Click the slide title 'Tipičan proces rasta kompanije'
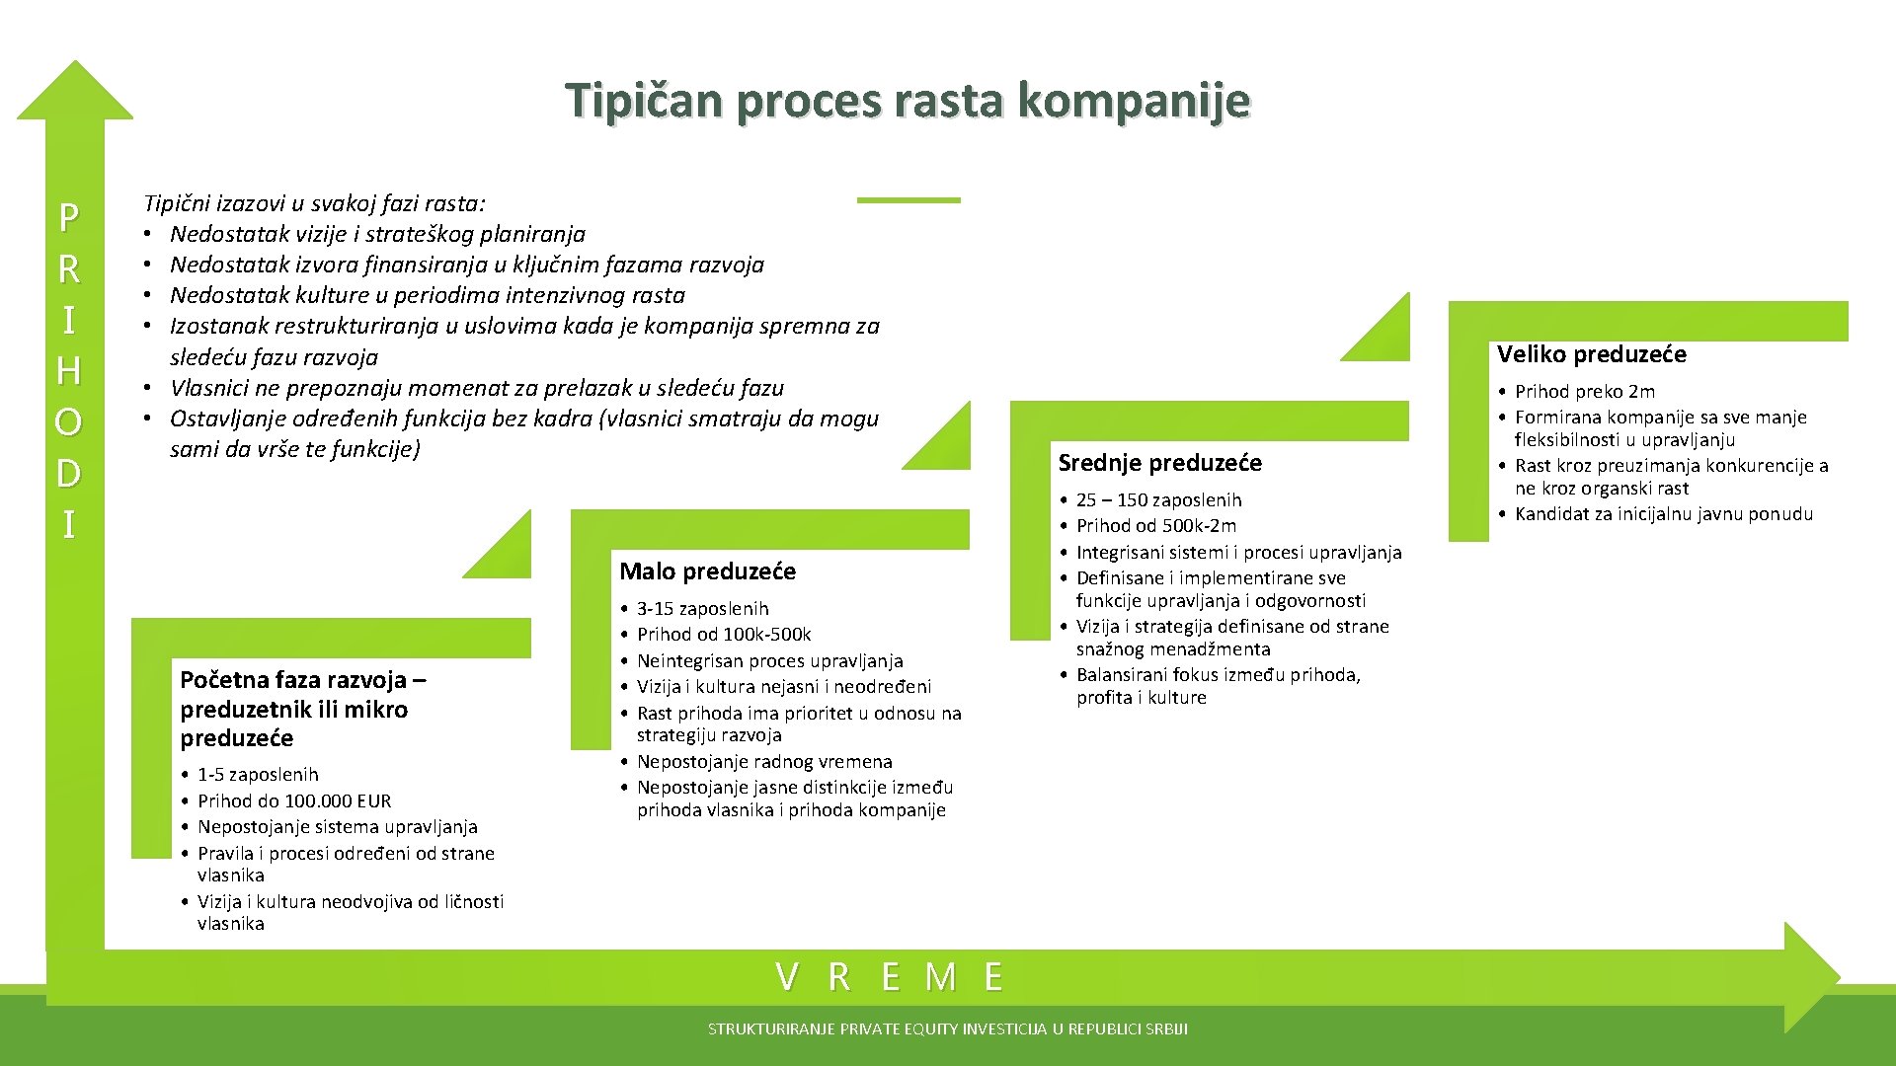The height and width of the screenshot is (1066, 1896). click(x=908, y=100)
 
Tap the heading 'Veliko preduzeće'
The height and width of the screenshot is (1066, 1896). click(x=1591, y=354)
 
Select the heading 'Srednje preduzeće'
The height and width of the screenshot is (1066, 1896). click(x=1159, y=463)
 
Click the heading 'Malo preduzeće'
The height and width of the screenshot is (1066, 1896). click(x=707, y=571)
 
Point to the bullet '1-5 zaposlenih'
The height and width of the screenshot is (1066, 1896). click(x=258, y=775)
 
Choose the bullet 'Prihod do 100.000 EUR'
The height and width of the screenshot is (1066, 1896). click(x=294, y=800)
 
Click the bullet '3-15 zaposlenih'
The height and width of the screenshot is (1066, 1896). click(x=702, y=609)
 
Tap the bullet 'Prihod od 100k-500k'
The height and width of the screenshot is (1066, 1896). click(x=724, y=635)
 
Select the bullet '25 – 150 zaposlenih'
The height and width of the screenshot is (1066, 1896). click(x=1158, y=500)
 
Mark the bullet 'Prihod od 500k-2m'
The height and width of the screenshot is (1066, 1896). click(x=1155, y=526)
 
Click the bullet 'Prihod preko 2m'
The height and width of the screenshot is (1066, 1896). click(x=1584, y=392)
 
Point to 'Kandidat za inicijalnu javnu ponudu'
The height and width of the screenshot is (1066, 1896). click(x=1663, y=514)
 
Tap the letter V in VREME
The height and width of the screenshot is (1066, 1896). click(x=787, y=977)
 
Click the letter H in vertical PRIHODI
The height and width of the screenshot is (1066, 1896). click(x=68, y=371)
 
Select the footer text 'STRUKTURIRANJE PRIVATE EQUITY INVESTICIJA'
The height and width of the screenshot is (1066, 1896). click(x=947, y=1029)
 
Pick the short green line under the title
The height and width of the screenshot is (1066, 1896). click(x=908, y=200)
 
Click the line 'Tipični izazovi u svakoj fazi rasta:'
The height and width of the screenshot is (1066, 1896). click(x=314, y=204)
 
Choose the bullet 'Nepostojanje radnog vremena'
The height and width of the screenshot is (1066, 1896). click(x=764, y=762)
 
